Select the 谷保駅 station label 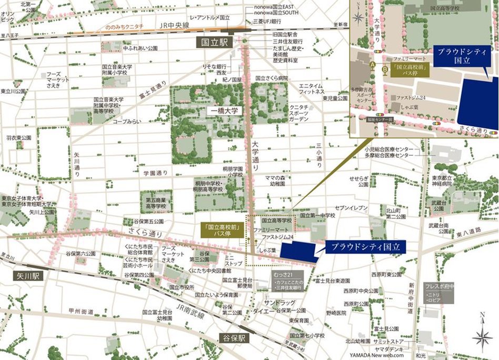(234, 338)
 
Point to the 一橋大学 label (224, 111)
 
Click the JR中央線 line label (172, 26)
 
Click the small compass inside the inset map (358, 17)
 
